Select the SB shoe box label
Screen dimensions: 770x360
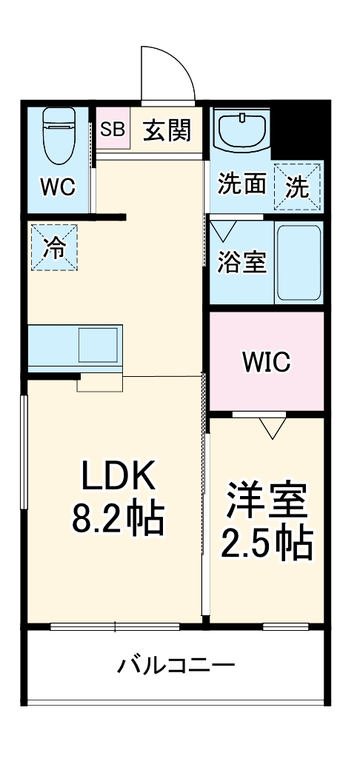pyautogui.click(x=113, y=129)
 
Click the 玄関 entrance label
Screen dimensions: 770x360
pyautogui.click(x=167, y=130)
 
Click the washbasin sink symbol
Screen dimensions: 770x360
pyautogui.click(x=243, y=130)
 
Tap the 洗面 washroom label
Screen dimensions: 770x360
pyautogui.click(x=241, y=184)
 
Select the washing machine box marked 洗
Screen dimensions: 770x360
pyautogui.click(x=299, y=186)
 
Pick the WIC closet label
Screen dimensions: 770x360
pyautogui.click(x=267, y=362)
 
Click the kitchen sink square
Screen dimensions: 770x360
pyautogui.click(x=99, y=344)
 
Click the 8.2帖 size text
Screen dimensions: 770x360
pyautogui.click(x=119, y=520)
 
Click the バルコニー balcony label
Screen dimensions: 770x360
pyautogui.click(x=176, y=665)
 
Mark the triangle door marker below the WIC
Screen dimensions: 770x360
pyautogui.click(x=273, y=427)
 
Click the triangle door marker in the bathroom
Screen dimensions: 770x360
pyautogui.click(x=222, y=230)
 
